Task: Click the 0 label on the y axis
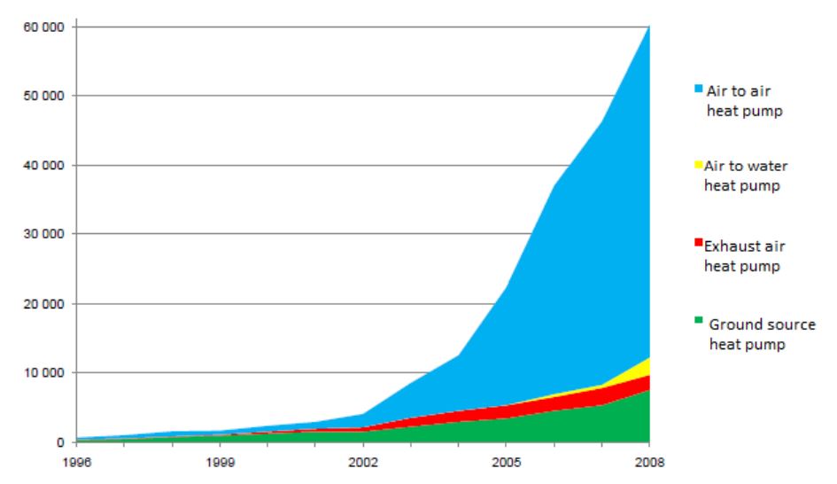tap(58, 441)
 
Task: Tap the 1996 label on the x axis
tap(76, 461)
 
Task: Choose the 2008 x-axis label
tap(649, 461)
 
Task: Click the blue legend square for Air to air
tap(699, 88)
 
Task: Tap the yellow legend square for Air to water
tap(699, 165)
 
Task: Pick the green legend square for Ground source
tap(699, 321)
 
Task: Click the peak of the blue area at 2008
tap(648, 28)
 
